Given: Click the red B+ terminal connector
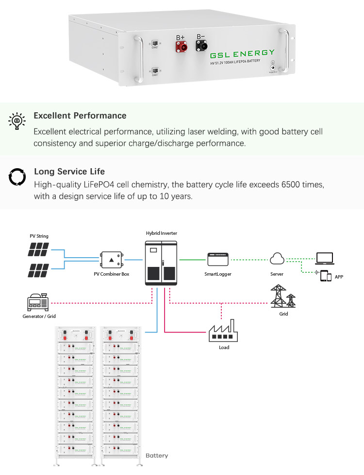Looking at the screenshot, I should (182, 47).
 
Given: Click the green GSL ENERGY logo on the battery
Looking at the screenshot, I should (242, 53).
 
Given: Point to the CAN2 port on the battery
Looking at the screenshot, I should (155, 44).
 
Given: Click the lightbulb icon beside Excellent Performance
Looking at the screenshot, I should (17, 121).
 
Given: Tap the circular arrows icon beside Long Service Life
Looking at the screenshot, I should (17, 177).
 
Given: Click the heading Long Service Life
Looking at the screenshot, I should (69, 172).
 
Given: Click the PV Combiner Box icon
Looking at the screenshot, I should (111, 260).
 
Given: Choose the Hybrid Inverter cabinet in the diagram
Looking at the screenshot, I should (162, 263).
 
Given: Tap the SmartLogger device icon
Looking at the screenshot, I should (217, 260).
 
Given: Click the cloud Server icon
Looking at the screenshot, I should (277, 259).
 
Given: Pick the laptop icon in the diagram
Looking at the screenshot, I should (324, 258).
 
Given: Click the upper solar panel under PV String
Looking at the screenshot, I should (38, 250).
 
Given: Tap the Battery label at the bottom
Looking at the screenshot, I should (157, 456).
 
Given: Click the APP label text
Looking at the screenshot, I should (339, 277).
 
